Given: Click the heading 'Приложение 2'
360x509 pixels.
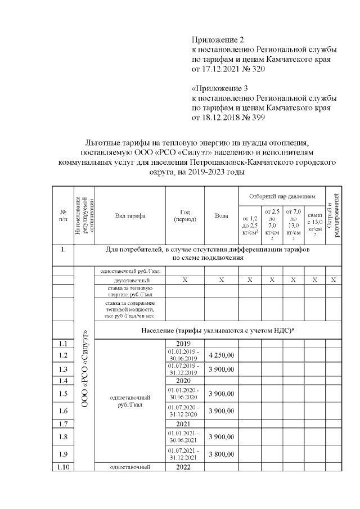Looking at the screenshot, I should click(219, 40).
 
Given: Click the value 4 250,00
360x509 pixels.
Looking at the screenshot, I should click(221, 355).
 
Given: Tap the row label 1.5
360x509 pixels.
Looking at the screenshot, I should click(63, 394).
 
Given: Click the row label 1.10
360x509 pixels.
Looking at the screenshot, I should click(63, 467).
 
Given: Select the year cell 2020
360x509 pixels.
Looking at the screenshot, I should click(184, 381).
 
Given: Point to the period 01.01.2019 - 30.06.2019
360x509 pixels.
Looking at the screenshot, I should click(184, 355).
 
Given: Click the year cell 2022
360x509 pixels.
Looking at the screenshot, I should click(184, 467).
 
